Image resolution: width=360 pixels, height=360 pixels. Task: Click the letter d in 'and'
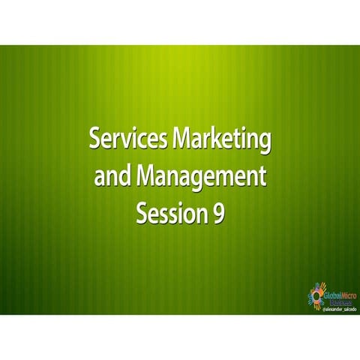click(x=126, y=178)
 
